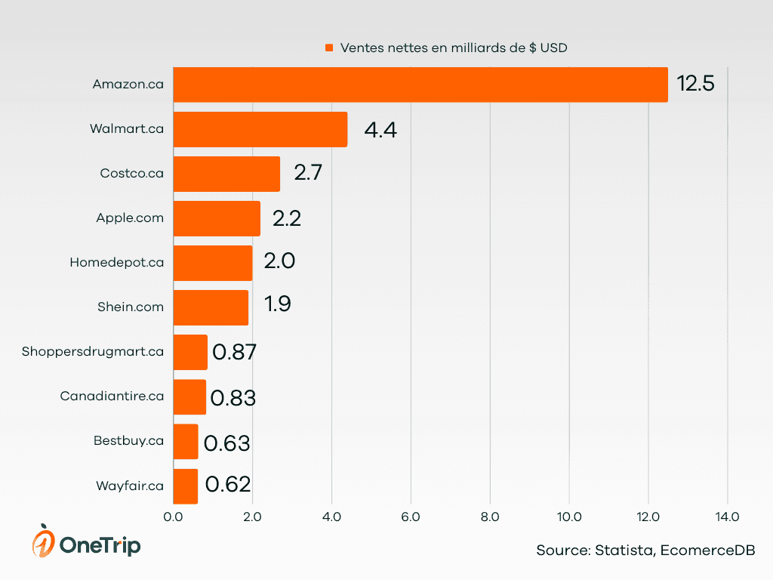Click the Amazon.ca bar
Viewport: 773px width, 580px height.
[x=420, y=85]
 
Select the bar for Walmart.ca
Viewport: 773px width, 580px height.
[x=260, y=129]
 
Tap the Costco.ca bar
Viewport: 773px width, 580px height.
[x=226, y=174]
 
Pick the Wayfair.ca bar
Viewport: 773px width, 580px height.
[x=185, y=486]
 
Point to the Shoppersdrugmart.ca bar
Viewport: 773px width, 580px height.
[x=189, y=352]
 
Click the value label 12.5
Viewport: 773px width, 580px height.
[x=695, y=84]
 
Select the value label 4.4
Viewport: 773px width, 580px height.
[x=380, y=130]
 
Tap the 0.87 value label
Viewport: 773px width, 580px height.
[x=235, y=352]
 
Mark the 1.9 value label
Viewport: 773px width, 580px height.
[x=277, y=304]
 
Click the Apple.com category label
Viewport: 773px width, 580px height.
[x=130, y=218]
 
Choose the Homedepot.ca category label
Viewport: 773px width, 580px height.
[x=117, y=263]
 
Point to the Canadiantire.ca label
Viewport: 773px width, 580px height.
[x=112, y=396]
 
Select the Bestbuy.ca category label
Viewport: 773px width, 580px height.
[x=128, y=441]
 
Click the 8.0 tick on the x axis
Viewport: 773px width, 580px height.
[x=490, y=517]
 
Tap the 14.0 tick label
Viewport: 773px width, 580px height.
[x=727, y=517]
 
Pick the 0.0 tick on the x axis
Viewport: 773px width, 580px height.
[x=173, y=517]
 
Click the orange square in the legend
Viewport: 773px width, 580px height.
[x=329, y=48]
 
